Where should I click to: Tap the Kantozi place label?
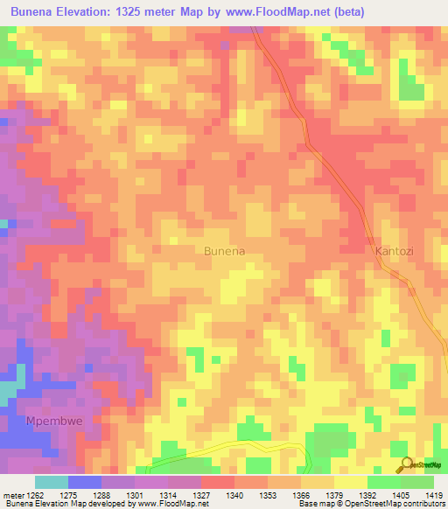[395, 251]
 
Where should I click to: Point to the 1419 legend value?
[434, 495]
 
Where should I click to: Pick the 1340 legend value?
[234, 495]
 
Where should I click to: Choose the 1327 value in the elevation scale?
[201, 495]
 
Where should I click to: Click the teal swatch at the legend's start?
[52, 482]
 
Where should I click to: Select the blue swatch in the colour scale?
[85, 482]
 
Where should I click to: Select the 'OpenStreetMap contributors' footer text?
[394, 504]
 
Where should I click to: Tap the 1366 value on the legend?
[301, 495]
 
